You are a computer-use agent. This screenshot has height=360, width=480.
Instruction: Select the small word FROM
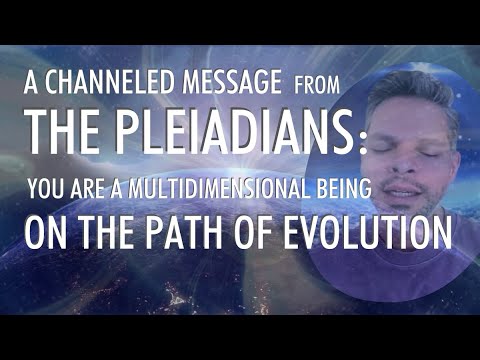click(x=318, y=88)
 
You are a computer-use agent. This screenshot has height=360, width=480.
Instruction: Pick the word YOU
click(x=46, y=188)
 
